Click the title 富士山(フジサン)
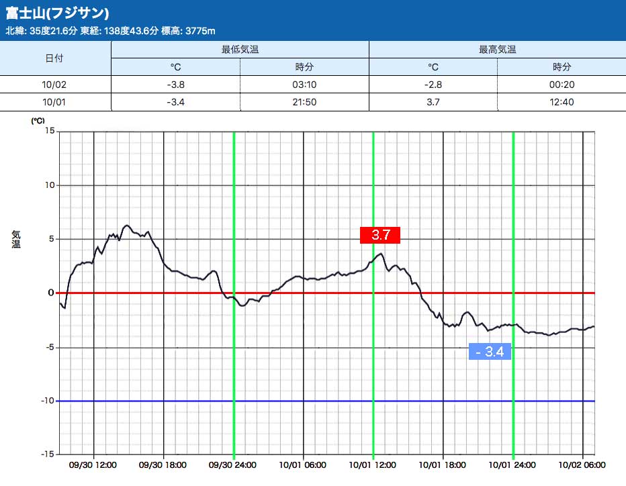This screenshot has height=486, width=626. (x=58, y=13)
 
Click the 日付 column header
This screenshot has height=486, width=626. (x=54, y=58)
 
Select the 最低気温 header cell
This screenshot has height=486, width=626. (x=240, y=50)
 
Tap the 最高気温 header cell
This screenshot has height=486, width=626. (x=497, y=50)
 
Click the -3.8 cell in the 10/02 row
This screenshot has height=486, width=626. (x=175, y=85)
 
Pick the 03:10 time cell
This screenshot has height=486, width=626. (x=304, y=85)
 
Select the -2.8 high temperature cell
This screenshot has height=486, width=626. (x=433, y=85)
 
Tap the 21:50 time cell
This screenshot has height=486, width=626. (x=304, y=102)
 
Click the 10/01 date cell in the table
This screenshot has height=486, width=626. (x=54, y=102)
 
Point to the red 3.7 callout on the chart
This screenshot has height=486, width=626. (x=380, y=235)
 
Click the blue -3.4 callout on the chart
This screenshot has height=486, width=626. (x=490, y=351)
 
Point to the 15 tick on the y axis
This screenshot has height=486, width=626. (x=49, y=131)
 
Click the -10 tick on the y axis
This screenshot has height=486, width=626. (x=47, y=401)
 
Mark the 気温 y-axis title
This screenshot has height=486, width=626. (x=16, y=238)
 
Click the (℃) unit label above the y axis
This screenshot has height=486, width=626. (x=38, y=121)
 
